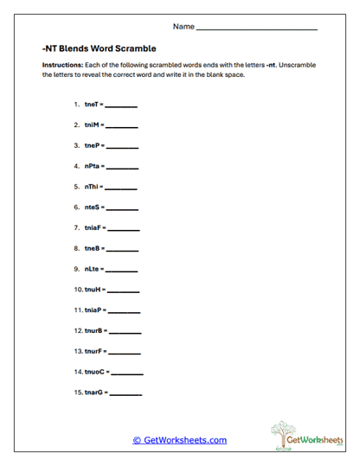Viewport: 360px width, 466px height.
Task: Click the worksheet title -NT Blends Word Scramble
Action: [99, 50]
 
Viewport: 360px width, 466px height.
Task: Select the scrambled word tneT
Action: [92, 105]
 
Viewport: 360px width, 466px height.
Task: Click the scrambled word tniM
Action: [92, 125]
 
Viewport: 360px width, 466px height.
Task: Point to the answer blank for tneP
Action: [122, 147]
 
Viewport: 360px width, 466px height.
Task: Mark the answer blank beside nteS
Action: [122, 209]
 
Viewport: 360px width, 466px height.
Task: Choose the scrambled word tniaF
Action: [93, 228]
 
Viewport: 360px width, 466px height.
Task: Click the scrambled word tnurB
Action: [95, 330]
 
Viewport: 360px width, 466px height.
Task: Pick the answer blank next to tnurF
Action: [125, 353]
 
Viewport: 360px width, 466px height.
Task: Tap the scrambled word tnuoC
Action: [96, 372]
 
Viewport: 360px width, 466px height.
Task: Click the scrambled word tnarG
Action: [95, 393]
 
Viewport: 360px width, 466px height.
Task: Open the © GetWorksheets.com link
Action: [179, 440]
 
